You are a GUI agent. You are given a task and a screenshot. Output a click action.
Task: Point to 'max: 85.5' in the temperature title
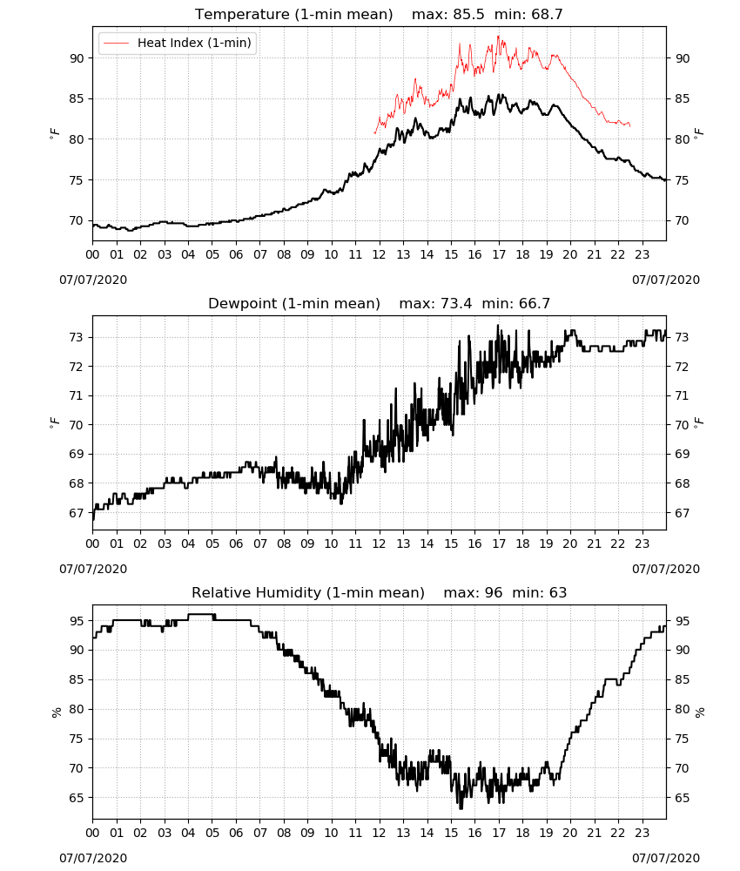pyautogui.click(x=448, y=14)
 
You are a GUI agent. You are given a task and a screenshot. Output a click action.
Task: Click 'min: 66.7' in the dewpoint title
pyautogui.click(x=515, y=303)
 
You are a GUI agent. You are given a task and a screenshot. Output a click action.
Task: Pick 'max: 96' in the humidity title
pyautogui.click(x=473, y=592)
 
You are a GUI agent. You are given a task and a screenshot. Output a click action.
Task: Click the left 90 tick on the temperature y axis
pyautogui.click(x=77, y=58)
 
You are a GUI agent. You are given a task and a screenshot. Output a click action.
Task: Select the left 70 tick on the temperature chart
pyautogui.click(x=77, y=220)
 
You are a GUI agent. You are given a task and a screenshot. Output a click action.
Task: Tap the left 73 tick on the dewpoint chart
pyautogui.click(x=77, y=337)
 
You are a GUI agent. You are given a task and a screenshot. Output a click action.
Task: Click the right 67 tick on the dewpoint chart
pyautogui.click(x=682, y=513)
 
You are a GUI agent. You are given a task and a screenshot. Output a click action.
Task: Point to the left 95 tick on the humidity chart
pyautogui.click(x=77, y=620)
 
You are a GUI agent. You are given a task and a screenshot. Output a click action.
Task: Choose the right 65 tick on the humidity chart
pyautogui.click(x=682, y=798)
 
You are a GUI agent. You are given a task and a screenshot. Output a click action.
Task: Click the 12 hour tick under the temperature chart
pyautogui.click(x=380, y=254)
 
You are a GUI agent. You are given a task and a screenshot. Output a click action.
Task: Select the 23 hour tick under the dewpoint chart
pyautogui.click(x=642, y=544)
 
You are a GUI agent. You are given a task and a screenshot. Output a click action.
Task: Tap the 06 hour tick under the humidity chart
pyautogui.click(x=236, y=833)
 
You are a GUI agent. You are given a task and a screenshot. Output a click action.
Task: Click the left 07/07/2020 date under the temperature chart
pyautogui.click(x=93, y=280)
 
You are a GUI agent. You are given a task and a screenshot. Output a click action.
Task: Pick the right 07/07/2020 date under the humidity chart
pyautogui.click(x=666, y=858)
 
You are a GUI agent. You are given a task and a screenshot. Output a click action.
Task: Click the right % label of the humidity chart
pyautogui.click(x=700, y=712)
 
